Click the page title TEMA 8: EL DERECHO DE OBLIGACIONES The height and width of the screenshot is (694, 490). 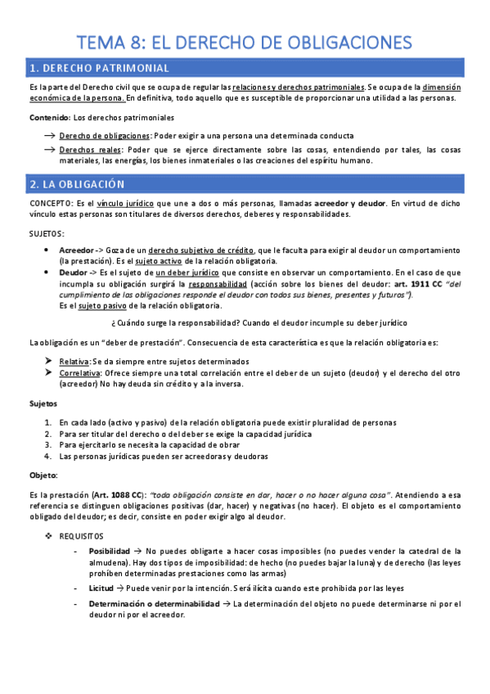click(245, 42)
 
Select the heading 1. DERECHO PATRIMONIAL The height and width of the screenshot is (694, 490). click(99, 67)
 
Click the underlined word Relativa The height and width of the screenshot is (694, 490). click(75, 361)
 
